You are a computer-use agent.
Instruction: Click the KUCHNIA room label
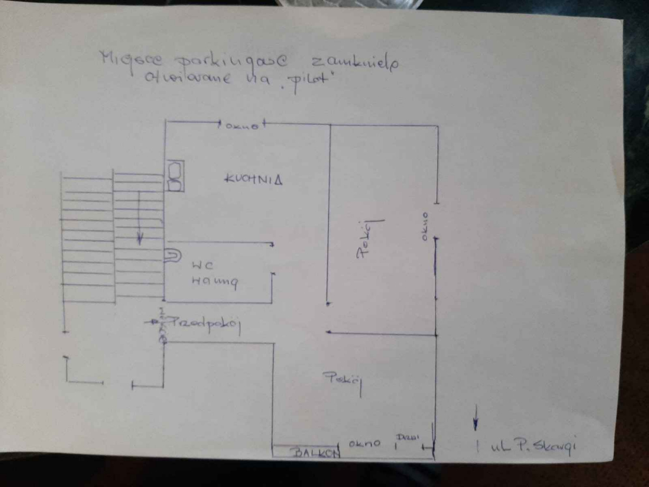(253, 179)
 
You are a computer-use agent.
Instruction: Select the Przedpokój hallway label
(207, 324)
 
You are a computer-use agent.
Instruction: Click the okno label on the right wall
(426, 225)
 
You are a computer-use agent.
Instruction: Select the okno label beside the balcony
(364, 443)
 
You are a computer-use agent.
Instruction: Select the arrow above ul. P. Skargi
(475, 417)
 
